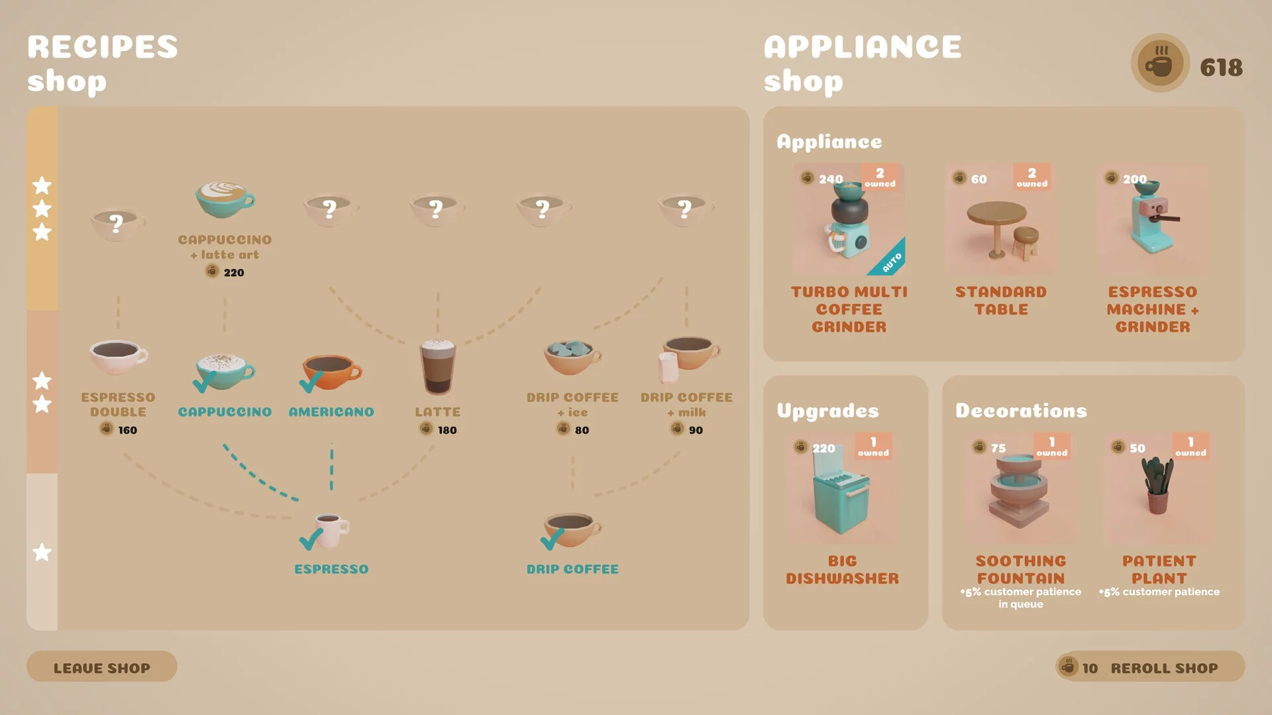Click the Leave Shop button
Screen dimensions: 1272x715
102,667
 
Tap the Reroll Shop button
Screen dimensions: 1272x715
1150,667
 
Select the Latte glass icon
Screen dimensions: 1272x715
437,367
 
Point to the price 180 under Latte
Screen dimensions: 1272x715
447,430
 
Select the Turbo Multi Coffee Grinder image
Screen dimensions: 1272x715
849,219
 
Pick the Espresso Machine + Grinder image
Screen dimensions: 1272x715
1153,219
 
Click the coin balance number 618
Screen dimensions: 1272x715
1221,68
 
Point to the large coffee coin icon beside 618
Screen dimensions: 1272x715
1160,64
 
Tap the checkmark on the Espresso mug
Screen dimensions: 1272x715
311,540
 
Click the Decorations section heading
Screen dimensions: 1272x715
1021,410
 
